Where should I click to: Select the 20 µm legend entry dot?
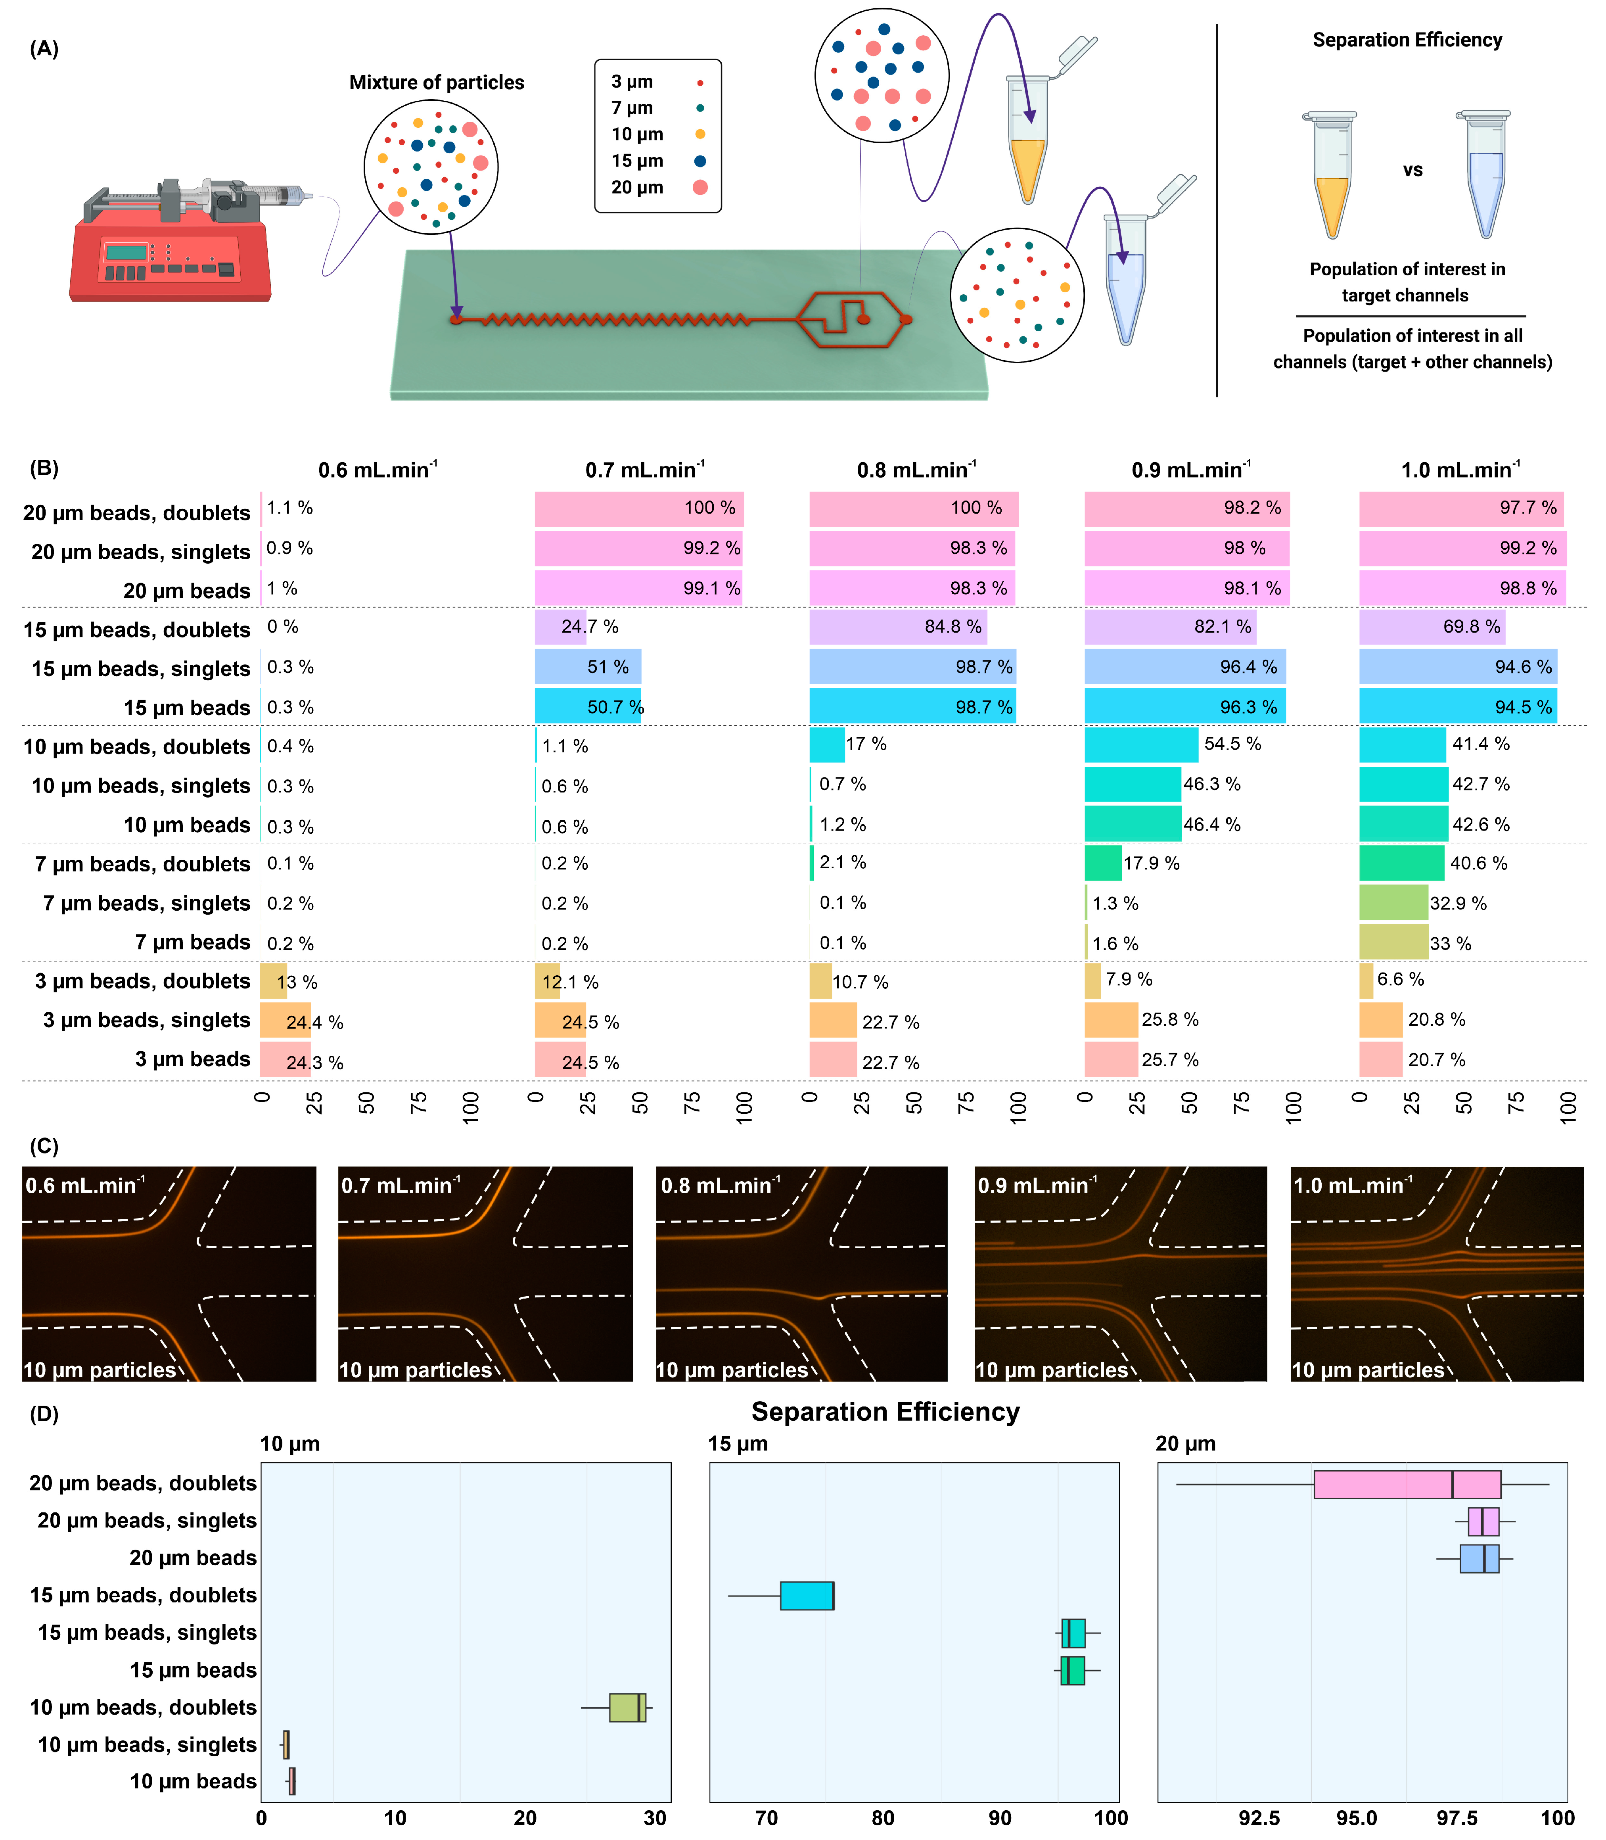pos(700,187)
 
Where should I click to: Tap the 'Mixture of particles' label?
pos(437,83)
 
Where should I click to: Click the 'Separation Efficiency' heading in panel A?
pos(1407,40)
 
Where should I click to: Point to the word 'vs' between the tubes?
pos(1412,170)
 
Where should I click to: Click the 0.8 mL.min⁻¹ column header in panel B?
pos(916,470)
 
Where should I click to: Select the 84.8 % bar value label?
pos(952,626)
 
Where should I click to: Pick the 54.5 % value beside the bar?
pos(1232,744)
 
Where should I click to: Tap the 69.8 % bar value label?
pos(1471,626)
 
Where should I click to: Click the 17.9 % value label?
pos(1152,863)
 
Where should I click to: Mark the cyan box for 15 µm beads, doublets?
pos(807,1595)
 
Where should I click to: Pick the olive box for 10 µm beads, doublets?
pos(627,1708)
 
